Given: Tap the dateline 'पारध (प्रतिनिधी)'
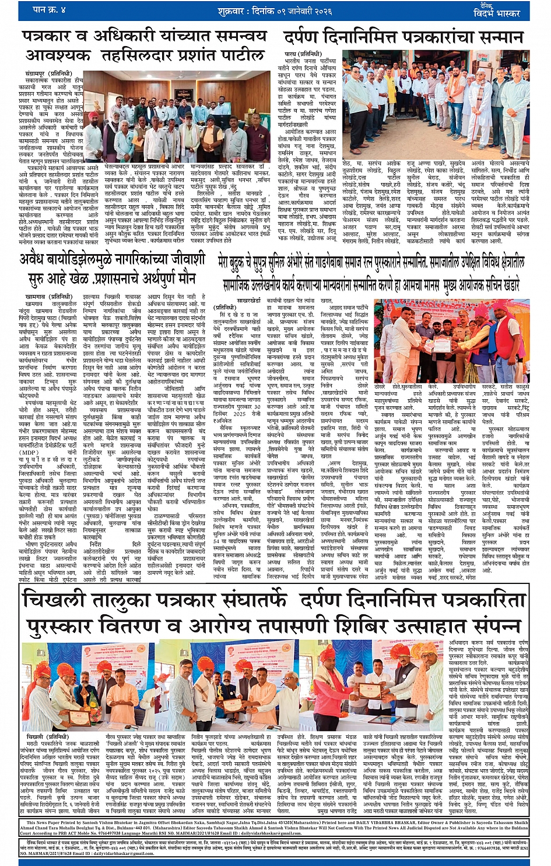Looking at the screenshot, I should pos(301,54).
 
